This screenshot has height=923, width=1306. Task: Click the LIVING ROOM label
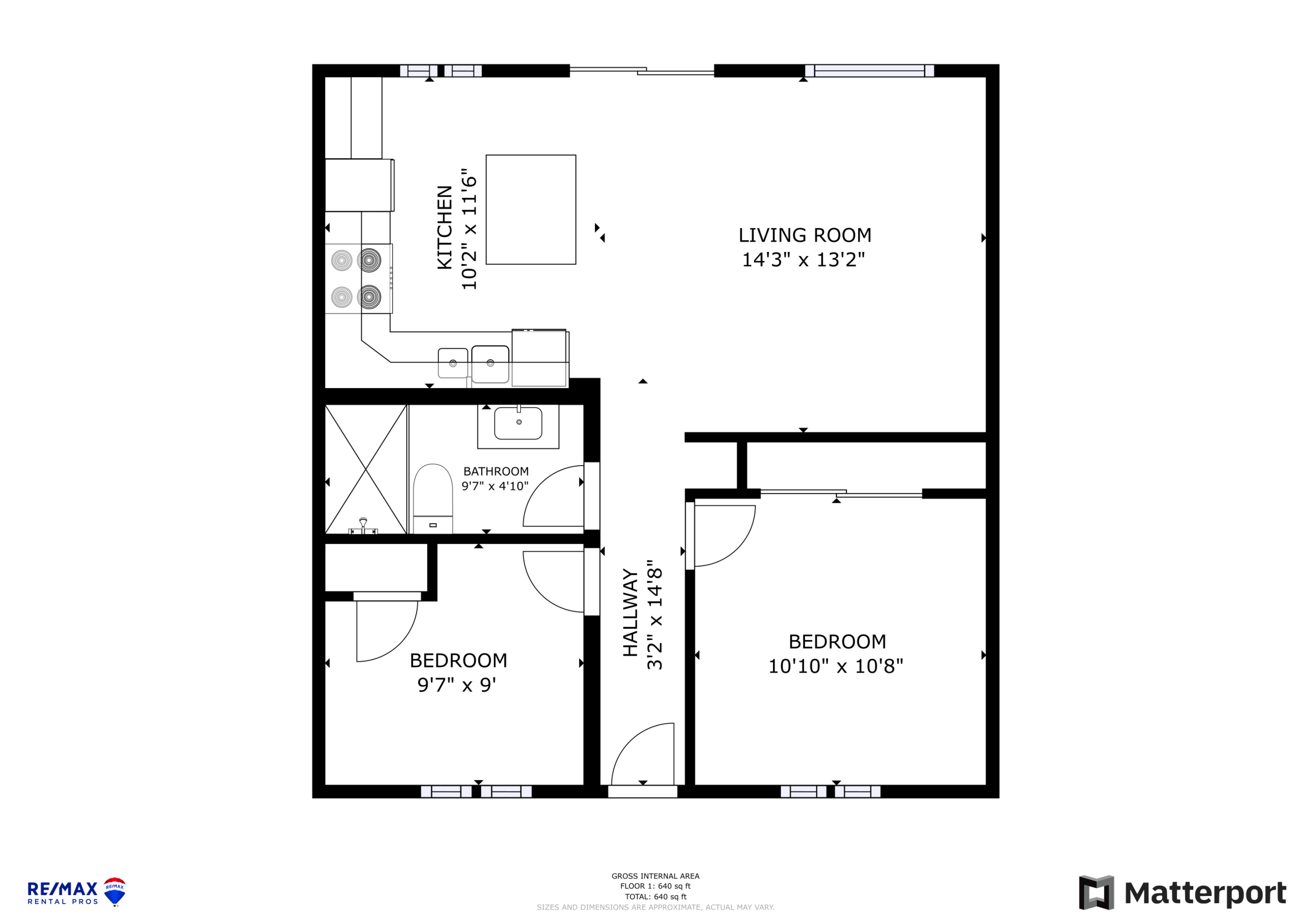click(x=805, y=235)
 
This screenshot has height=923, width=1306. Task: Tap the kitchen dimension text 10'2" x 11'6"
click(x=469, y=229)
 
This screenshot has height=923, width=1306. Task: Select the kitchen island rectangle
click(x=531, y=209)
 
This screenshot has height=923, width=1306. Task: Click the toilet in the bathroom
click(x=433, y=499)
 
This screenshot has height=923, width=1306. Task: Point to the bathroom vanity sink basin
click(x=518, y=423)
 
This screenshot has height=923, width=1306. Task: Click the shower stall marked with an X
click(x=366, y=469)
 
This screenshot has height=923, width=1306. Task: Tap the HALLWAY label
click(x=630, y=612)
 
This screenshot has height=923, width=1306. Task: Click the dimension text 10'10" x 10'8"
click(x=836, y=666)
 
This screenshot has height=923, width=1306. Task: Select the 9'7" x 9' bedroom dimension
click(x=457, y=685)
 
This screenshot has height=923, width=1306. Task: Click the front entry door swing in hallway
click(x=643, y=754)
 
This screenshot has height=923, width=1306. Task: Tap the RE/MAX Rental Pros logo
click(x=77, y=892)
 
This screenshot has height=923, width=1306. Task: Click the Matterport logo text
click(x=1205, y=893)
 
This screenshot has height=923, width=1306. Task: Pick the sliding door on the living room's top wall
click(x=642, y=70)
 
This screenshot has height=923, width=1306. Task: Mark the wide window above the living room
click(x=869, y=70)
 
